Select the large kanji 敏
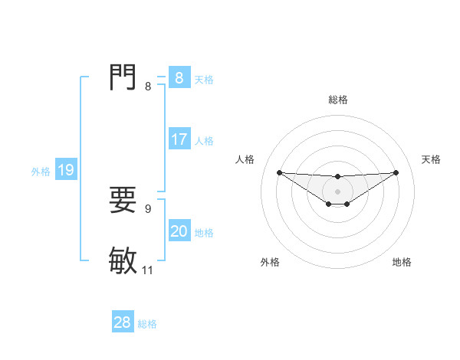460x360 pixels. [123, 260]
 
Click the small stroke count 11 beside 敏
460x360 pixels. [148, 270]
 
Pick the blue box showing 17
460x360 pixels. [179, 140]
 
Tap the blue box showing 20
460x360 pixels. [179, 232]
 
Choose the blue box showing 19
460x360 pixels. [66, 171]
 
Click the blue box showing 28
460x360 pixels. [123, 323]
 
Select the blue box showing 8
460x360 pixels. [179, 78]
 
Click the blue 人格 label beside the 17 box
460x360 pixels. [204, 141]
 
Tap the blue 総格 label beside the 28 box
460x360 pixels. [147, 324]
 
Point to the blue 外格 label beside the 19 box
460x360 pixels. [41, 172]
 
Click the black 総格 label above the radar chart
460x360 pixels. [338, 100]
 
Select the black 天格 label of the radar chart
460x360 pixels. [432, 159]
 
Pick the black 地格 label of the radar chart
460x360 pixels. [402, 262]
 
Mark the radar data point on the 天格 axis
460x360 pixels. [396, 172]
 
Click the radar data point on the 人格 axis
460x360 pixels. [279, 172]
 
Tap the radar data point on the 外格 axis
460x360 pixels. [329, 204]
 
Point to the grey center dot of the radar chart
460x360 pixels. [337, 191]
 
